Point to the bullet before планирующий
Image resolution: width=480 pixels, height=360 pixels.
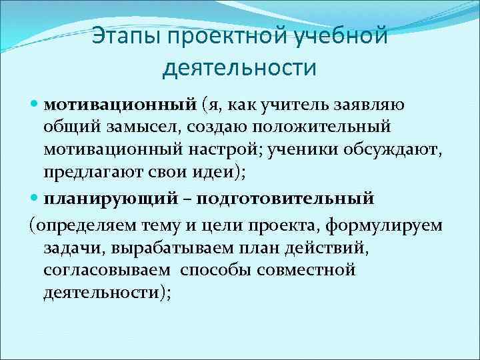[x=35, y=199]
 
